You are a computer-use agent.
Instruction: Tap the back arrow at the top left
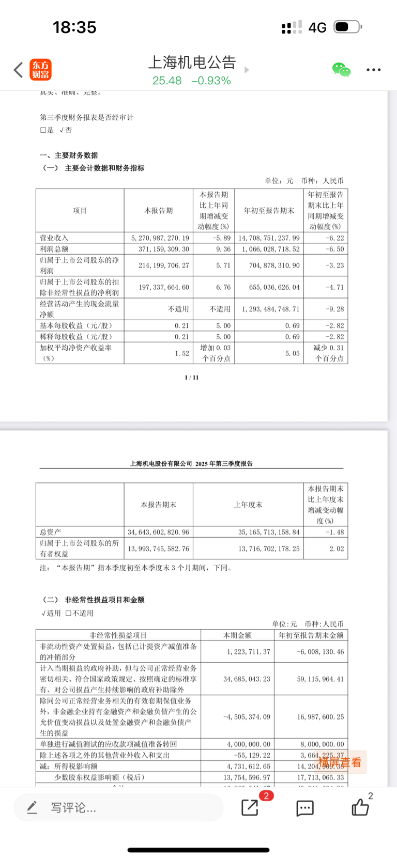tap(19, 70)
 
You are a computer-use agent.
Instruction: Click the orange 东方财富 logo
tap(40, 70)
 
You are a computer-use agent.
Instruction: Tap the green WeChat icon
tap(341, 70)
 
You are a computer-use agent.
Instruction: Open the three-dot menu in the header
tap(373, 70)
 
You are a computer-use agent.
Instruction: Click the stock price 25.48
tap(167, 81)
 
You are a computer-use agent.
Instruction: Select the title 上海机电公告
tap(192, 62)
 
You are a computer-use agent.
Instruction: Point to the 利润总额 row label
tap(54, 249)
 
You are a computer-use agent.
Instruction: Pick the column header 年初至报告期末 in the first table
tap(269, 211)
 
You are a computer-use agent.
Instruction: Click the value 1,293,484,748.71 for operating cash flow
tap(269, 309)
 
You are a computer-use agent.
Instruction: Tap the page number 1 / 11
tap(192, 378)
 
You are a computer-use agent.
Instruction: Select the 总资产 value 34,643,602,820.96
tap(159, 532)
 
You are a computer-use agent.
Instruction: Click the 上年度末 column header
tap(248, 505)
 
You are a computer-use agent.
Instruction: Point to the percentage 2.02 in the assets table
tap(337, 549)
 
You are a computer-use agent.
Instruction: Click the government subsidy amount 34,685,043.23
tap(247, 679)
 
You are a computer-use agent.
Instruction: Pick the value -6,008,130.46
tap(320, 652)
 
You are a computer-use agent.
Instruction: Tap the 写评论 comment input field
tap(119, 807)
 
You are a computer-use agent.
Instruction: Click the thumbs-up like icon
tap(360, 807)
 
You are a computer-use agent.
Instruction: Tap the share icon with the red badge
tap(250, 807)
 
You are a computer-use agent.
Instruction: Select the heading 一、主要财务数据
tap(69, 155)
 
